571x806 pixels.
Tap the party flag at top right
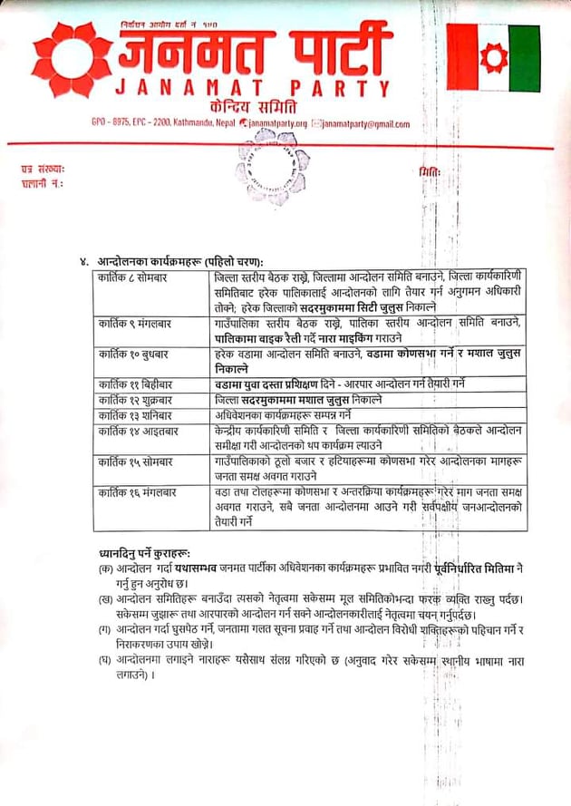[493, 58]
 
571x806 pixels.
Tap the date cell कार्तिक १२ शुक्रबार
[140, 399]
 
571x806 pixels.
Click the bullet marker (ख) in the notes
[106, 601]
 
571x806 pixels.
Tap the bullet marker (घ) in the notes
[106, 662]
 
